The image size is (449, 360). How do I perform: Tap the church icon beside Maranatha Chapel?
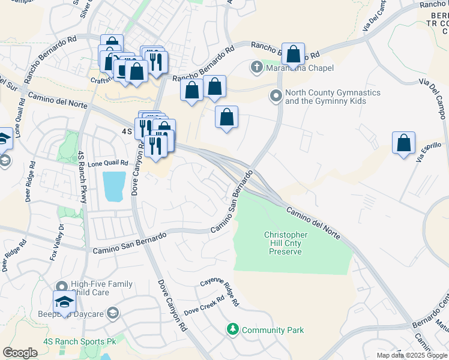coord(257,67)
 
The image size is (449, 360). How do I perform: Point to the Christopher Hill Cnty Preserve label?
coord(286,244)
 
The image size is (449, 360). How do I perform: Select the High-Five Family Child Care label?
coord(101,289)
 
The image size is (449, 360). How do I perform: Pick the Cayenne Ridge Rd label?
coord(220,291)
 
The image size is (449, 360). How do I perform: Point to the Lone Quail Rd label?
coord(109,163)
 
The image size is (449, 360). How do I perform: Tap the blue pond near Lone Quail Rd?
coord(115,186)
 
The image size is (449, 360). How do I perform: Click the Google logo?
coord(20,353)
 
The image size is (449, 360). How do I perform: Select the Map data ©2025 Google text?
coord(412,355)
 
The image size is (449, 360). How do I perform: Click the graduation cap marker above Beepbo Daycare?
coord(64,302)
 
